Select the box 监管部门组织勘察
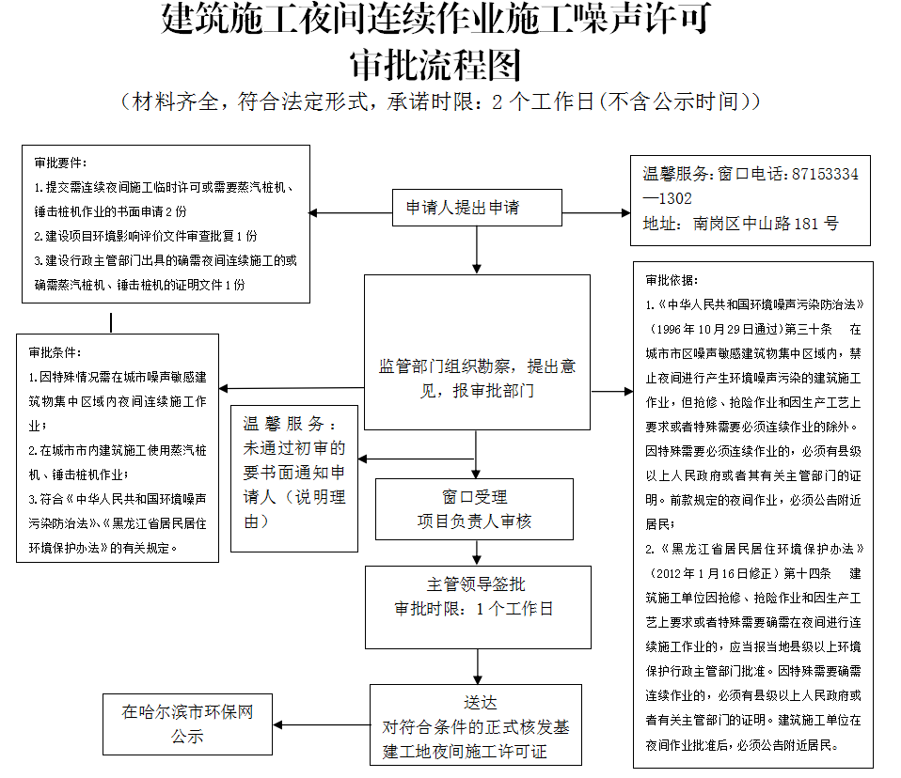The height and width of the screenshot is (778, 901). tap(477, 352)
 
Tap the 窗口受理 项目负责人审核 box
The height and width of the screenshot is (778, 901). tap(474, 508)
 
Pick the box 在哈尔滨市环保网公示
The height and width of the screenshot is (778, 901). tap(187, 724)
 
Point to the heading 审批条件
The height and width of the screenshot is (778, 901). tap(55, 353)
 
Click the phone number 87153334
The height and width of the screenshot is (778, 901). tap(825, 175)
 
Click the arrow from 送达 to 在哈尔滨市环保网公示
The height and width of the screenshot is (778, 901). tap(321, 724)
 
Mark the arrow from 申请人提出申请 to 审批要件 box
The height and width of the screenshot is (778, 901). tap(350, 212)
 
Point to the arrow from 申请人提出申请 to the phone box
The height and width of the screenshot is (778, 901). tap(596, 212)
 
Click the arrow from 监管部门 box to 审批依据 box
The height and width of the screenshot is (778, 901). tap(611, 390)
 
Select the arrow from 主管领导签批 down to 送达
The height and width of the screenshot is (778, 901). tap(478, 666)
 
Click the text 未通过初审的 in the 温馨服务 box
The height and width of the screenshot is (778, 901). tap(293, 448)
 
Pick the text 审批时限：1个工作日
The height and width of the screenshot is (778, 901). tap(474, 609)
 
